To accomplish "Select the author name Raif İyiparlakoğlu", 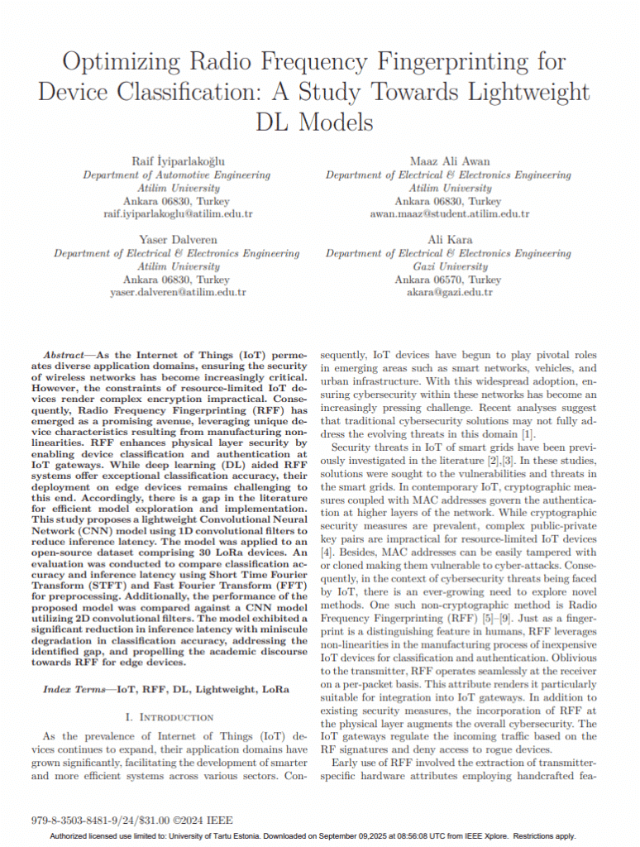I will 177,160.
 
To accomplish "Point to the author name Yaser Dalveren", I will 178,239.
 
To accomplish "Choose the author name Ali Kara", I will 448,239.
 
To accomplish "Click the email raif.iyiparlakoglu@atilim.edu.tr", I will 178,213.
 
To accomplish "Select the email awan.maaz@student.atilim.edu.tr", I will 448,213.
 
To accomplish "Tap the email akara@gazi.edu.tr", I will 448,292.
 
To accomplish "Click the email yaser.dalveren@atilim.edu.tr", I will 178,292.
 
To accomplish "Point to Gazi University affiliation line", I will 448,266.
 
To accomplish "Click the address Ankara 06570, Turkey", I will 448,280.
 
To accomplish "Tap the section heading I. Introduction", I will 166,716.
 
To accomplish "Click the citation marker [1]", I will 528,434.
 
